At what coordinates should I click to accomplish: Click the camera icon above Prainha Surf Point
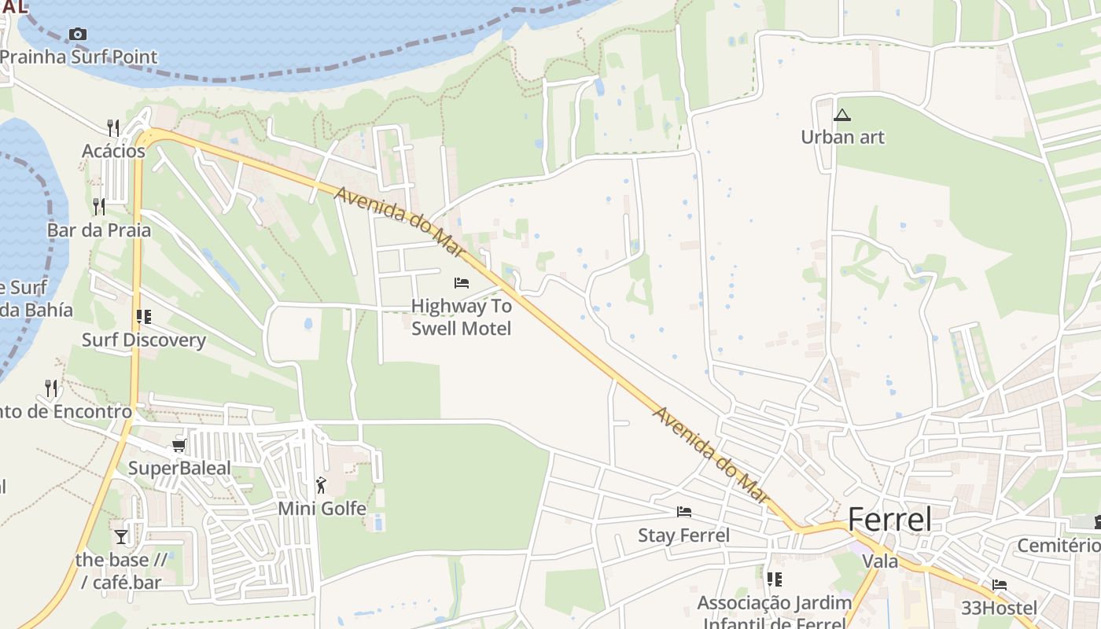[77, 34]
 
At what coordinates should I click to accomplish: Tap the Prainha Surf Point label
[79, 57]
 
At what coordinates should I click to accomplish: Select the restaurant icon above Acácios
[113, 127]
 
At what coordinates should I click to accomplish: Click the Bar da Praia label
[99, 230]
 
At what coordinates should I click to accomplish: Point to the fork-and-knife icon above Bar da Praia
[99, 207]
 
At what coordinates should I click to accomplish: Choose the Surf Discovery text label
[144, 340]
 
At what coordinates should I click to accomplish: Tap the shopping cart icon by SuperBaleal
[179, 446]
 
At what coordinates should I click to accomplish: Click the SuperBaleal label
[179, 469]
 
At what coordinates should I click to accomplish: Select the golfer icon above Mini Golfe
[321, 485]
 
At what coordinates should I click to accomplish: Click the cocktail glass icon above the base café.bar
[120, 537]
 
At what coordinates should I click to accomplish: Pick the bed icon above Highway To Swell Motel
[462, 283]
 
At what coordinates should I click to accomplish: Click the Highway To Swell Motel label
[462, 317]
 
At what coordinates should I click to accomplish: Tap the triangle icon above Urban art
[842, 116]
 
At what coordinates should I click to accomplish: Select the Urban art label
[842, 138]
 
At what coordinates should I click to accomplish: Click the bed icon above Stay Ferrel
[684, 512]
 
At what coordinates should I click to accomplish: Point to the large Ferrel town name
[889, 520]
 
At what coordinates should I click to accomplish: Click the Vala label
[880, 561]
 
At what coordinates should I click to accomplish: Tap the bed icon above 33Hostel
[1000, 585]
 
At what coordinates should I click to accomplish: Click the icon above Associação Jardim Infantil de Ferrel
[775, 579]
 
